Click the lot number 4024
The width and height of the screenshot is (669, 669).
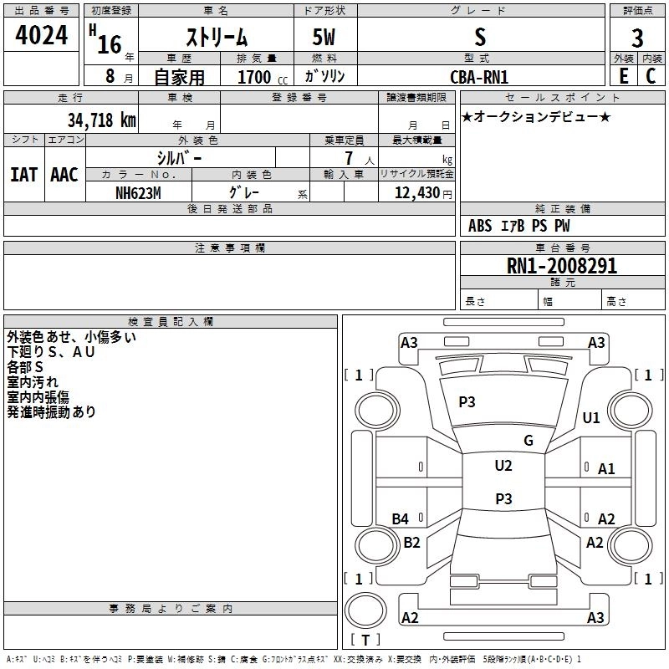point(41,35)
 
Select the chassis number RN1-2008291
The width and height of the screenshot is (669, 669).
point(561,266)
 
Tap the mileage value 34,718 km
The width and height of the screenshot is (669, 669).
point(101,120)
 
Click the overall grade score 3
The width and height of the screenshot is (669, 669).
point(637,38)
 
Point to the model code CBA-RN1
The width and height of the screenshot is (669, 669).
point(479,77)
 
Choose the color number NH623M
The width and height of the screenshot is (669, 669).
point(138,193)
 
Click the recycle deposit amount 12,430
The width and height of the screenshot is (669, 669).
point(417,193)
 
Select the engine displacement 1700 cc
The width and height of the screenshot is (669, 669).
point(263,77)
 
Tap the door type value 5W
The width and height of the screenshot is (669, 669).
point(324,37)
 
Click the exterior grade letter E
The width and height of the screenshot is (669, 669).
point(623,76)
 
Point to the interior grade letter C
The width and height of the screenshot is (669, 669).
point(651,76)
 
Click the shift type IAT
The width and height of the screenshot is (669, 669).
point(23,175)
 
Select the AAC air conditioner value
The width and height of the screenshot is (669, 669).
point(64,175)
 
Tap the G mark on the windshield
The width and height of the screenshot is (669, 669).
point(529,441)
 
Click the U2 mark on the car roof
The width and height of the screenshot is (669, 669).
point(503,466)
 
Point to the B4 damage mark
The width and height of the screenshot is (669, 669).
point(401,518)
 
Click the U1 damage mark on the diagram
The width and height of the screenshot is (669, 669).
point(591,417)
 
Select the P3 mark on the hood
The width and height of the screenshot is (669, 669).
point(467,401)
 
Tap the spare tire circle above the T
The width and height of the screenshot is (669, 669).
point(365,610)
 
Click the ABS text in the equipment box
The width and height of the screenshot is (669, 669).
point(480,226)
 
